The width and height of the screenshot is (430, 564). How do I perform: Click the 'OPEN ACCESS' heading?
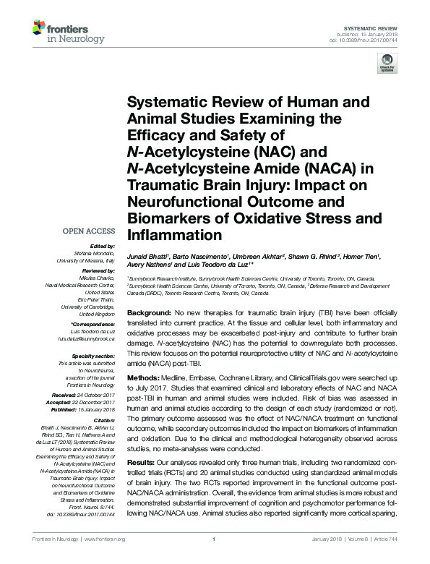tap(90, 231)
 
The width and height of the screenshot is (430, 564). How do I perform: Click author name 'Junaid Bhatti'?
tap(147, 255)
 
